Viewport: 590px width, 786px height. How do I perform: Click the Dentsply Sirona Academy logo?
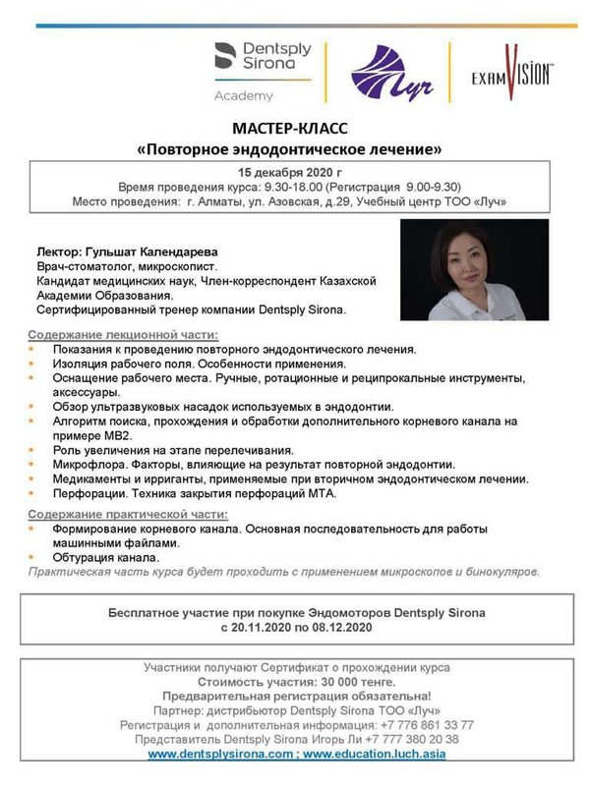click(262, 70)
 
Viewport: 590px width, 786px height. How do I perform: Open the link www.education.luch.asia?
click(371, 754)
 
